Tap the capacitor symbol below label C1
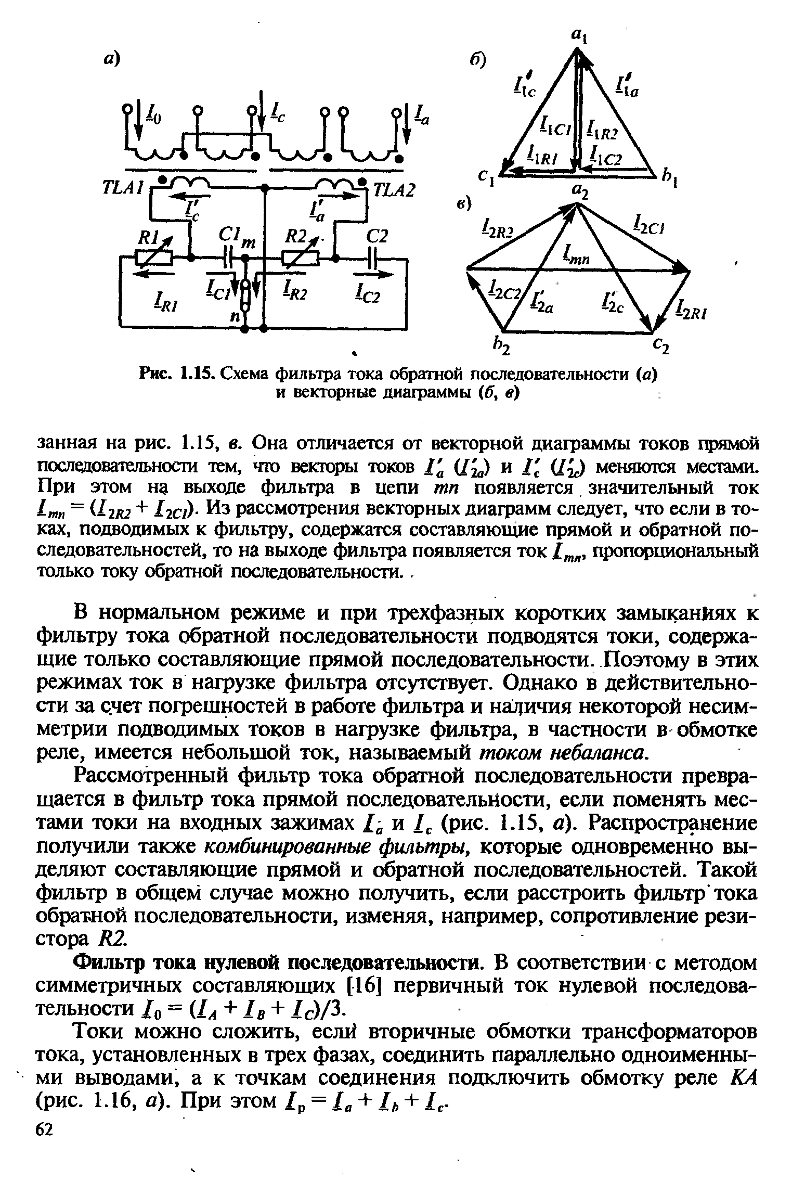coord(228,258)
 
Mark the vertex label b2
coord(502,345)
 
